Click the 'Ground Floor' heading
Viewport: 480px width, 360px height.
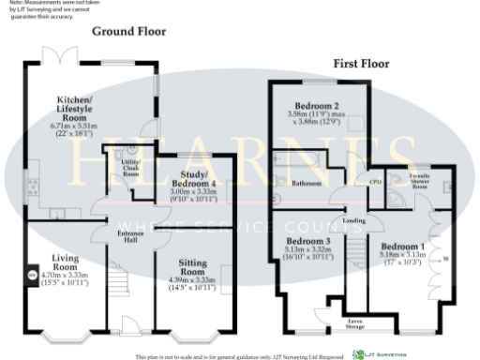[x=128, y=31]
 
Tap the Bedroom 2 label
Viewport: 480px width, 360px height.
[x=317, y=107]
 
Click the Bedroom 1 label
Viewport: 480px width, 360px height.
[x=402, y=246]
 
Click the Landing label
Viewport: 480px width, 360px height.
[x=355, y=221]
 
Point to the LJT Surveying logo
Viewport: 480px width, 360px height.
[x=381, y=354]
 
